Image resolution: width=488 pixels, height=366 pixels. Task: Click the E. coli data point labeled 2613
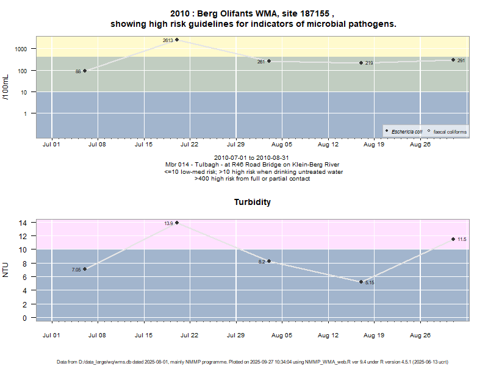(x=177, y=40)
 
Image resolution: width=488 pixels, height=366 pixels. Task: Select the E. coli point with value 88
(x=85, y=71)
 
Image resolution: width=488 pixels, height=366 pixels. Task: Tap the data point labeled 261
(x=269, y=61)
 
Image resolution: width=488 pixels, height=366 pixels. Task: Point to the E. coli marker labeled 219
(x=361, y=63)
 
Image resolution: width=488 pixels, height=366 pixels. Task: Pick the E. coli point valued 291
(x=453, y=60)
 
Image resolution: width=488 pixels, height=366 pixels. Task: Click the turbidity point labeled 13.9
(x=177, y=223)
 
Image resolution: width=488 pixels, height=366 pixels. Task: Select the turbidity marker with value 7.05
(x=85, y=269)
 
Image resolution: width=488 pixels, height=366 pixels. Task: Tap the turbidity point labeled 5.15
(x=361, y=282)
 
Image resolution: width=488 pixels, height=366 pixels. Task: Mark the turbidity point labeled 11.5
(x=453, y=239)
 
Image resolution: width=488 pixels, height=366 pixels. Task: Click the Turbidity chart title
(x=253, y=201)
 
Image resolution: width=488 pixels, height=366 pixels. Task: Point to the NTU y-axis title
(x=6, y=270)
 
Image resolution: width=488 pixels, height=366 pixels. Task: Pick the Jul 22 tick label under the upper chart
(x=190, y=145)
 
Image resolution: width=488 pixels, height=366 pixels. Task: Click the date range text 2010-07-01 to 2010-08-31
(x=253, y=158)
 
